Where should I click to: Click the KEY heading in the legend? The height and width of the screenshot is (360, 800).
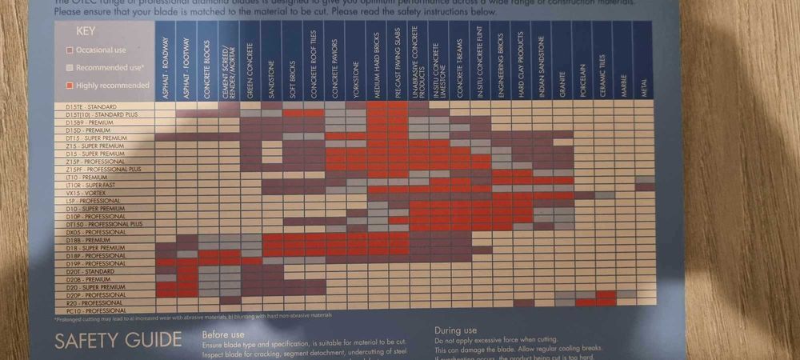[87, 33]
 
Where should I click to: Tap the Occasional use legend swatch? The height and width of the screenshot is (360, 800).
[70, 50]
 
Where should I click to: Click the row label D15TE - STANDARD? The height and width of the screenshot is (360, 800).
[90, 106]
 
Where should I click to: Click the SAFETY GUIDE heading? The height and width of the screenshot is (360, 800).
[118, 340]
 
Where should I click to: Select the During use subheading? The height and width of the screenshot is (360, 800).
[455, 330]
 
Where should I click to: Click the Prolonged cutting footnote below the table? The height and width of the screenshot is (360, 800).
[192, 318]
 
